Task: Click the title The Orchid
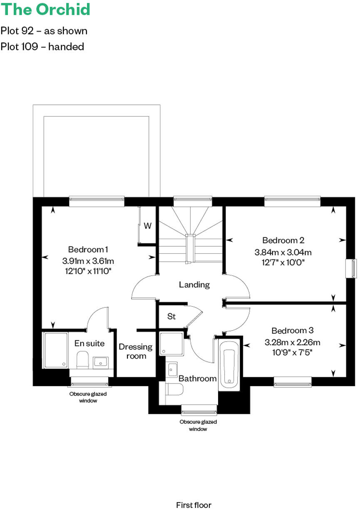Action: click(x=45, y=10)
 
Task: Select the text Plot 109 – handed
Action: click(x=42, y=47)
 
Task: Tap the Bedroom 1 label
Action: click(x=88, y=250)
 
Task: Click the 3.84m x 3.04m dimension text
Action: click(x=283, y=252)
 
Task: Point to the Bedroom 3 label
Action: click(x=292, y=331)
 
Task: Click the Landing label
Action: click(x=194, y=285)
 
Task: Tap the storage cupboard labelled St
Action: click(x=171, y=317)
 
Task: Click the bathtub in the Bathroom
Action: click(x=229, y=365)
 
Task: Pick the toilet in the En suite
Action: click(x=82, y=359)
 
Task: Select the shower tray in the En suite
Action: click(x=56, y=350)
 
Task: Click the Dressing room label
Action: click(x=136, y=352)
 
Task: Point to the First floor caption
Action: click(x=194, y=505)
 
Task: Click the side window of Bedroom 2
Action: click(x=354, y=268)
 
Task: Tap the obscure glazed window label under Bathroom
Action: click(x=198, y=426)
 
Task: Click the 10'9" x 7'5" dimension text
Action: click(x=292, y=352)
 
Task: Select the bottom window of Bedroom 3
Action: click(x=293, y=381)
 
